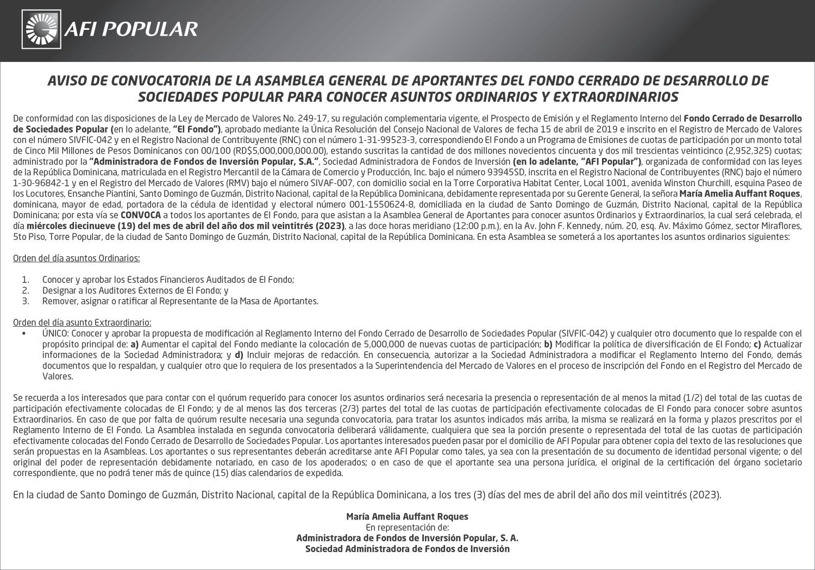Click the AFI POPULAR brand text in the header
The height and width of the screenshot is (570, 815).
131,29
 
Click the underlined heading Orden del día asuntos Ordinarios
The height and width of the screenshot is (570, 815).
76,258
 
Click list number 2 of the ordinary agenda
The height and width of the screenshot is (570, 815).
25,290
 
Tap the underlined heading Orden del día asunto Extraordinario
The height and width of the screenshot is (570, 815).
82,322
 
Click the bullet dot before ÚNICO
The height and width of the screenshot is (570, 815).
24,333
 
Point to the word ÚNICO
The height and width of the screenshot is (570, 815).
55,333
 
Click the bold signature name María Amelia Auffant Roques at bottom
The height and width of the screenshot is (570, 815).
407,516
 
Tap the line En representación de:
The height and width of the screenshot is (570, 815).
407,527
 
